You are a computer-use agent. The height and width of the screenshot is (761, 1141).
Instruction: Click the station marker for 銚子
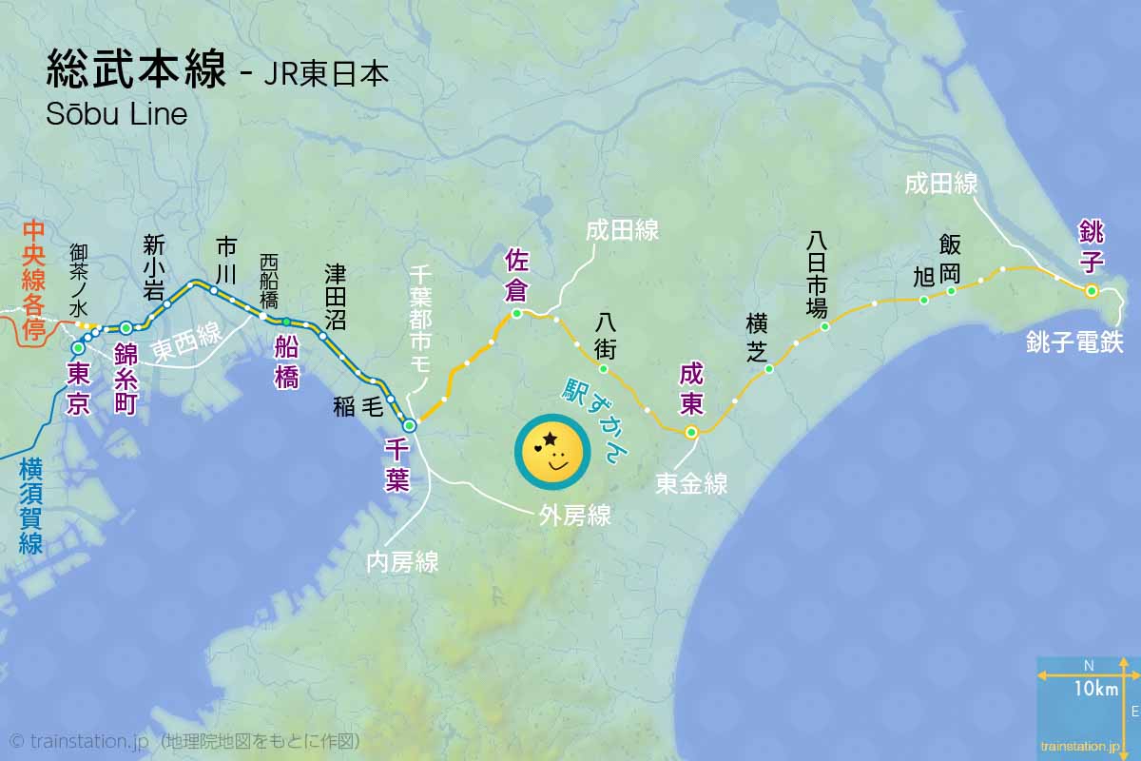point(1092,290)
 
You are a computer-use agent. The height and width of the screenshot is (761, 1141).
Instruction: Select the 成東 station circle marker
point(691,432)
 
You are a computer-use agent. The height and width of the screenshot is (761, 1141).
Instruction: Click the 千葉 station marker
point(410,425)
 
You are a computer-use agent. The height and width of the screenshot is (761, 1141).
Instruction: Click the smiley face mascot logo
point(551,454)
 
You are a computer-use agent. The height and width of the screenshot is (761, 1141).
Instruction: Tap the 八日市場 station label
point(817,274)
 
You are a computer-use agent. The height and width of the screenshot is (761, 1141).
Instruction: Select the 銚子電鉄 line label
point(1074,342)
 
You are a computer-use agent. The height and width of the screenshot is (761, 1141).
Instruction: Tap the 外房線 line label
point(574,516)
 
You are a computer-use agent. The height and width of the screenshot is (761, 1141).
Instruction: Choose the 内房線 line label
point(402,562)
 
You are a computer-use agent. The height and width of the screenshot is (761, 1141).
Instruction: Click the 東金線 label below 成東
point(691,484)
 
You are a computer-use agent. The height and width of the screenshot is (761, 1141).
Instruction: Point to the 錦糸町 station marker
point(126,328)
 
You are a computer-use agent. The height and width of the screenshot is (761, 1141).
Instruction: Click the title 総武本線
point(135,71)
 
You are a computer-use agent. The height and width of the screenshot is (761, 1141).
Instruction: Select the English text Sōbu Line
point(116,114)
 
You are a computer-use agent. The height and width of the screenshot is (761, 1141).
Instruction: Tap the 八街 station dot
point(603,369)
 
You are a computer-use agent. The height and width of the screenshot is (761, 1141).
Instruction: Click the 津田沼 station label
point(336,297)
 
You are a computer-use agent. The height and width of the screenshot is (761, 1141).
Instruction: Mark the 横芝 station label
point(757,339)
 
